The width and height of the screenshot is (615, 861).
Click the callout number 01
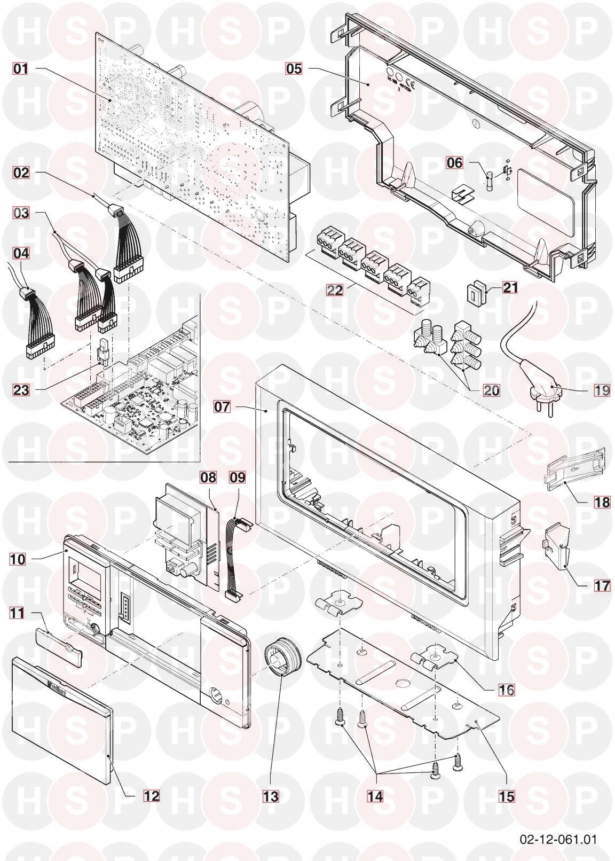pyautogui.click(x=21, y=69)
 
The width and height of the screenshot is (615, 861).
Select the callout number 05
pyautogui.click(x=294, y=69)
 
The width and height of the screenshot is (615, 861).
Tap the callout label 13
pyautogui.click(x=271, y=796)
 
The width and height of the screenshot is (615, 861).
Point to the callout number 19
pyautogui.click(x=602, y=390)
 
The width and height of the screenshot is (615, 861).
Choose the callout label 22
pyautogui.click(x=334, y=289)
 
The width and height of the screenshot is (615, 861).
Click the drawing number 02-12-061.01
pyautogui.click(x=558, y=836)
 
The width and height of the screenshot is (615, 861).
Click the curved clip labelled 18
pyautogui.click(x=575, y=469)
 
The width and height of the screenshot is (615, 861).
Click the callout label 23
pyautogui.click(x=21, y=390)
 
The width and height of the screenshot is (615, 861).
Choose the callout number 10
pyautogui.click(x=17, y=559)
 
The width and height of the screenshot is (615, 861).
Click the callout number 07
pyautogui.click(x=222, y=406)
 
